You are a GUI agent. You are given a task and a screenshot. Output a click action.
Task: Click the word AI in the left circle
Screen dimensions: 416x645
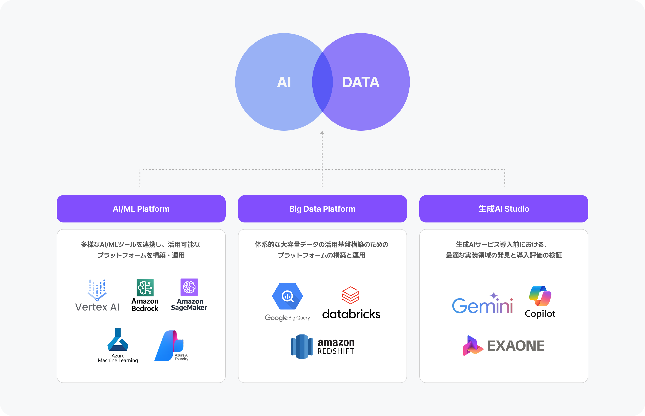284,82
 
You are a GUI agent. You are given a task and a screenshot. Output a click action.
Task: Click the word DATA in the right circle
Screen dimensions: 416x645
361,82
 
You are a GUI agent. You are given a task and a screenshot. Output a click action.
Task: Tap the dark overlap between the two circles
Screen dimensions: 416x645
322,82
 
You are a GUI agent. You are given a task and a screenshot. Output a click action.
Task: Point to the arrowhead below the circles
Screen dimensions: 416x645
322,133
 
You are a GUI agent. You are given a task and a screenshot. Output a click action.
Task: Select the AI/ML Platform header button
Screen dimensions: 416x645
141,209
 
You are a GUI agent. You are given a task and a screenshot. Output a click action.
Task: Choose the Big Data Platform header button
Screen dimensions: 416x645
322,209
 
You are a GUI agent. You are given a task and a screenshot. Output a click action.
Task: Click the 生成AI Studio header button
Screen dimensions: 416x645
504,209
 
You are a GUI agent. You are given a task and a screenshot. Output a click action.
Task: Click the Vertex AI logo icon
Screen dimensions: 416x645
97,290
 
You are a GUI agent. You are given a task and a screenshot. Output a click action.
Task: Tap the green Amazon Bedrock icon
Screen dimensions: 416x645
145,287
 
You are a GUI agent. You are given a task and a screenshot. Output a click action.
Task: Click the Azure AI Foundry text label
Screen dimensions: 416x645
182,357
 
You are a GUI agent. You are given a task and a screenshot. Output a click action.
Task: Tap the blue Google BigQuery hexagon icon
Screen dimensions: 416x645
288,296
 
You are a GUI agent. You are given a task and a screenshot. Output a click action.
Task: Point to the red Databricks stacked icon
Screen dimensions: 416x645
351,295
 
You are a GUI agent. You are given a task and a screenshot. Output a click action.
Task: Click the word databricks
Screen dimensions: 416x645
351,314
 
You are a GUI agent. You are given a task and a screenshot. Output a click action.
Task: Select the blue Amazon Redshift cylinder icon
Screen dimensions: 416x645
302,347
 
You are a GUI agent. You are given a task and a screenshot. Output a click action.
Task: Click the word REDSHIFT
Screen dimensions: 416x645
336,351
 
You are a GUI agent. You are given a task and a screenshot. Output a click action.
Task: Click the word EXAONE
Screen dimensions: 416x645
516,346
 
